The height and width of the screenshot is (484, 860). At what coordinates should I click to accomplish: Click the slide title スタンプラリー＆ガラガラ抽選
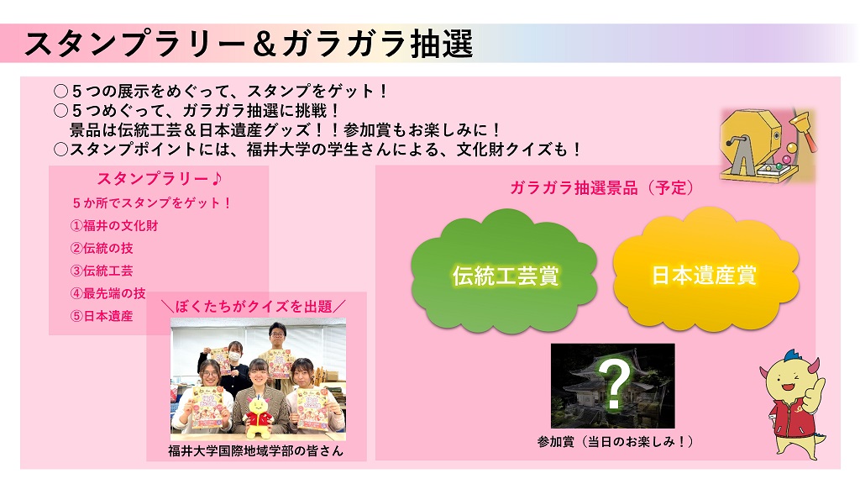249,44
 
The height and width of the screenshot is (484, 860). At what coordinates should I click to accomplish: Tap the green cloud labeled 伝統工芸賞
504,271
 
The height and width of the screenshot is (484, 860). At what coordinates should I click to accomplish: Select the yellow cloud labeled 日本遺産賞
705,270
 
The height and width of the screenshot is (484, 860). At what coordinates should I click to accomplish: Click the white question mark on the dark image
613,384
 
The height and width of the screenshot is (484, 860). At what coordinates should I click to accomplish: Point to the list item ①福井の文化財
114,225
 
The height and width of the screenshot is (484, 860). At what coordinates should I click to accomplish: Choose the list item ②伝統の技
102,248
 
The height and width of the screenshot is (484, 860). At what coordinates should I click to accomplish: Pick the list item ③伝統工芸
102,271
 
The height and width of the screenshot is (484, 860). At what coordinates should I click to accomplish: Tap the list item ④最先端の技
108,293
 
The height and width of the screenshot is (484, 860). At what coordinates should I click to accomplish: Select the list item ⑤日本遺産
102,316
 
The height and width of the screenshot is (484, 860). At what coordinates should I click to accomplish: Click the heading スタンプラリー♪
160,179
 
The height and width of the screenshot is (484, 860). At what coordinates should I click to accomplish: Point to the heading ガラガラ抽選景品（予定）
601,188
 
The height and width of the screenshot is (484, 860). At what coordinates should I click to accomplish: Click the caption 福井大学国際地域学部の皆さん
255,451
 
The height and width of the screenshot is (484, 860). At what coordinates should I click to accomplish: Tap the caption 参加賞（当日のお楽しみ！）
615,441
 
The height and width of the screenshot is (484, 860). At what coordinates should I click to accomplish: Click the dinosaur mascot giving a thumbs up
793,404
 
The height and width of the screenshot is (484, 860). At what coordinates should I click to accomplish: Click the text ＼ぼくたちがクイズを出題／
256,306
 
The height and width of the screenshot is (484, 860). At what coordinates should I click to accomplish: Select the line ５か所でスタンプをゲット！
151,203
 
